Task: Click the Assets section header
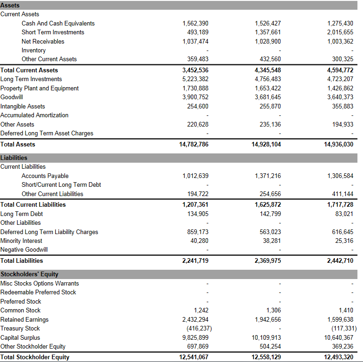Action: (10, 5)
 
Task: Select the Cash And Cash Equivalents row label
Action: (58, 23)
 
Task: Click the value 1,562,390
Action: (195, 23)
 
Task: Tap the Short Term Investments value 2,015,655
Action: (340, 32)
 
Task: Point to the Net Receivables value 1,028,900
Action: (267, 41)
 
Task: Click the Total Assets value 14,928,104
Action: (266, 144)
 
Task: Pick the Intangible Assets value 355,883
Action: (343, 106)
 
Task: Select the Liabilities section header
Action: (14, 158)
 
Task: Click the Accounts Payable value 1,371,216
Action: (267, 176)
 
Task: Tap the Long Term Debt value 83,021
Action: (344, 214)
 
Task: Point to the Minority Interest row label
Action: (21, 241)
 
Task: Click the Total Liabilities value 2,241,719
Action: (194, 260)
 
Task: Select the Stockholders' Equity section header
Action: (29, 274)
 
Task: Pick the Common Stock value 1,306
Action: (274, 310)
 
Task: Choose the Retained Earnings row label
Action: (24, 319)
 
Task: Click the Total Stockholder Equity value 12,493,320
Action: (338, 357)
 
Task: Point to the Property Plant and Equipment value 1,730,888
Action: (195, 88)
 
